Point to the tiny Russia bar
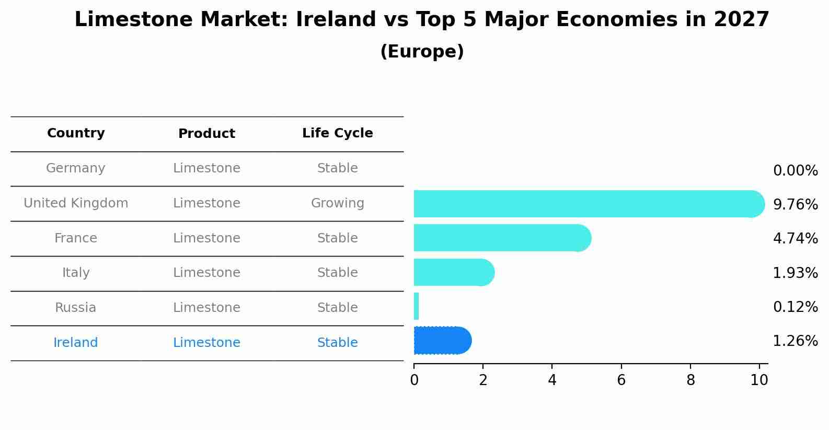point(416,306)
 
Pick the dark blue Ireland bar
point(442,341)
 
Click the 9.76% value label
point(795,204)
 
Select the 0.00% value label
point(795,171)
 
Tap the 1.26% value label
point(795,341)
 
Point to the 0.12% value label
point(795,307)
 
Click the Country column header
point(76,133)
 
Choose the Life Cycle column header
point(337,133)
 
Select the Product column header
point(206,134)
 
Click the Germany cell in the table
point(76,168)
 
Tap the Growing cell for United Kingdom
point(337,203)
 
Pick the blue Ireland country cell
point(76,343)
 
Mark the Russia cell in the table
point(76,308)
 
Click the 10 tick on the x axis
point(759,380)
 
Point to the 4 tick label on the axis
point(552,380)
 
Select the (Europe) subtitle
point(422,52)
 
